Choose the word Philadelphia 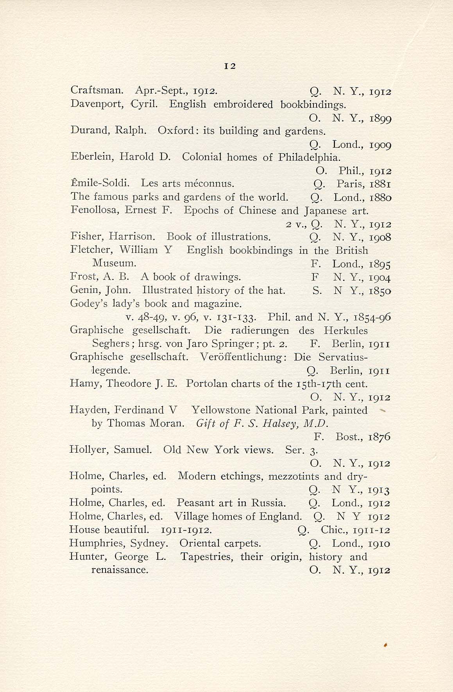[309, 158]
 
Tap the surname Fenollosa [95, 210]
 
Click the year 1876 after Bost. [379, 437]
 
